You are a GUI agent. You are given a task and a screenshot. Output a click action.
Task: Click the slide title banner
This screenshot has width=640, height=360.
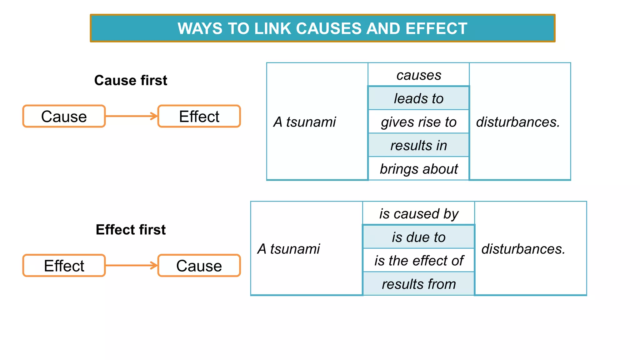[322, 28]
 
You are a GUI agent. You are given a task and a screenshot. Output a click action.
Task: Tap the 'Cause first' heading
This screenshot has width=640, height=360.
[131, 80]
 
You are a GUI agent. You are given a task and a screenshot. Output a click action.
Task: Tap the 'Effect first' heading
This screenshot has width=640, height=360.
[131, 230]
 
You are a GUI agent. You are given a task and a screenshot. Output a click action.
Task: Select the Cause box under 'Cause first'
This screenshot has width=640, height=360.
[64, 117]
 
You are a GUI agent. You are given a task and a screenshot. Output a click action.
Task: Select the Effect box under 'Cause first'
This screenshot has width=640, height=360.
[199, 117]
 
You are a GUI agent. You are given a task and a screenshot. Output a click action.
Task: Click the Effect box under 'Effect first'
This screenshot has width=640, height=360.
[64, 266]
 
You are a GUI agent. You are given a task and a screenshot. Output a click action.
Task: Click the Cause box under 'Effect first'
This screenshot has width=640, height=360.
[199, 266]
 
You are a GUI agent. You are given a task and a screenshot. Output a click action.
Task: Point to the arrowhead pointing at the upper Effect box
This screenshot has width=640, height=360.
[154, 116]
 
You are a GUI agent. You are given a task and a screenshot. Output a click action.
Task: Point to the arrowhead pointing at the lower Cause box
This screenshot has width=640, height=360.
[154, 266]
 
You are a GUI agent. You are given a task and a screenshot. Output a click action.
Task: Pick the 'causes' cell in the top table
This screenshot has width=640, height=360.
[419, 75]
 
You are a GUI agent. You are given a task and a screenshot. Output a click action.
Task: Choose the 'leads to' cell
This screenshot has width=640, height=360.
[419, 98]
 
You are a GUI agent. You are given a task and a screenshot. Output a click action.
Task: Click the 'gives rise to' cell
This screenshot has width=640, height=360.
[419, 122]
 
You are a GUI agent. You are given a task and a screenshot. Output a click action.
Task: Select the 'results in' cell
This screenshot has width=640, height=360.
[419, 145]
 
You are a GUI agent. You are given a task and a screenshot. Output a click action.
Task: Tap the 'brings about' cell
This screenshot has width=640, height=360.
[419, 169]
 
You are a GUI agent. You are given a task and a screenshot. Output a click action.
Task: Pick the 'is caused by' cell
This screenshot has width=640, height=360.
[419, 214]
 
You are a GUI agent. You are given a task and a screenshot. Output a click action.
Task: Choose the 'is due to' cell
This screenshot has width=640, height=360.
[419, 237]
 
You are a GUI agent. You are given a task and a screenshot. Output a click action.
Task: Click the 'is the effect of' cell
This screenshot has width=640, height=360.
[419, 261]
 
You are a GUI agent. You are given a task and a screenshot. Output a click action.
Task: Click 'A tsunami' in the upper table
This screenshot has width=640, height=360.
[305, 122]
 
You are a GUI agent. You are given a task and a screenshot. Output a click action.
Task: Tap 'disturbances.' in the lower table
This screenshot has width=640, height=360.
[523, 249]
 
